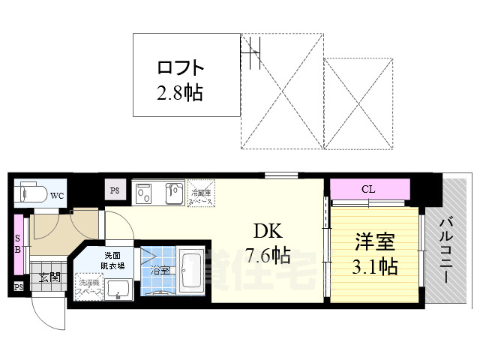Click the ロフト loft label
(x=180, y=68)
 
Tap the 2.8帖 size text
(x=180, y=94)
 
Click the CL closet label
(x=368, y=189)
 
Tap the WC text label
(x=57, y=196)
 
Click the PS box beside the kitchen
(x=115, y=190)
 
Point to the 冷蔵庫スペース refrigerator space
(x=200, y=193)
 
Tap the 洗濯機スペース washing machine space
(x=88, y=289)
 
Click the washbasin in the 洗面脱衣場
(x=118, y=286)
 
